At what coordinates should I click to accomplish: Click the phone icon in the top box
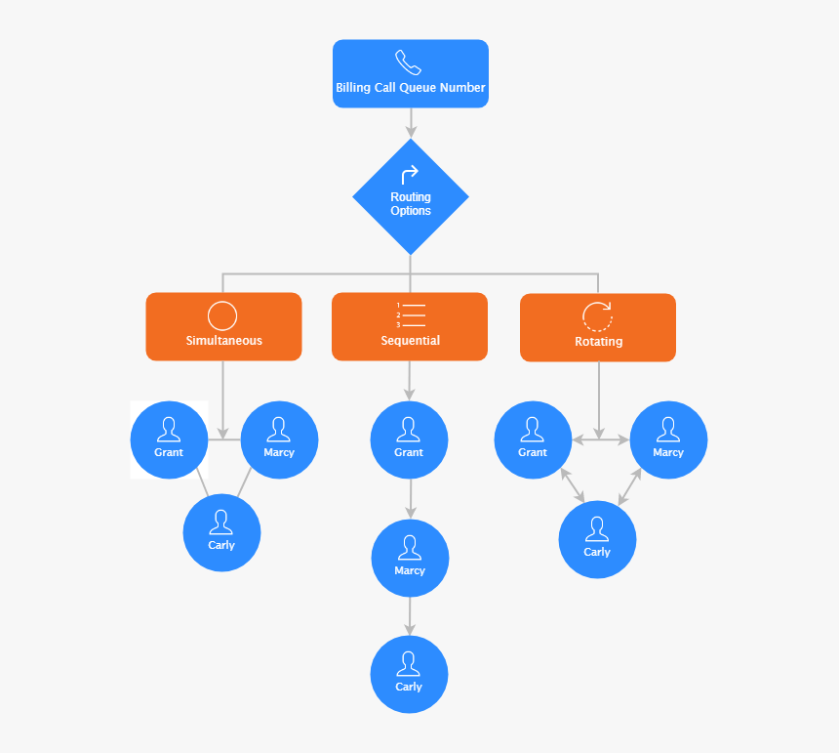[408, 63]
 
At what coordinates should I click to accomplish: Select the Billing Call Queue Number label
[411, 88]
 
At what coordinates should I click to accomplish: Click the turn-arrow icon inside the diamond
[410, 175]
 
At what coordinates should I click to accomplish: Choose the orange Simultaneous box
[223, 326]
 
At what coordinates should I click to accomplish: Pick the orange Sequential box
[410, 326]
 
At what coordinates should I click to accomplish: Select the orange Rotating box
[598, 327]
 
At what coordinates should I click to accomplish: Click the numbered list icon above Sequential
[411, 314]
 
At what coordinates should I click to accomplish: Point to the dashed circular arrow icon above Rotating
[597, 316]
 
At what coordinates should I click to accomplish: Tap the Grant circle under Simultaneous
[169, 439]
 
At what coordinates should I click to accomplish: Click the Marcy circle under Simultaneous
[279, 439]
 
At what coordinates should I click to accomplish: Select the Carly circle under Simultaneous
[221, 532]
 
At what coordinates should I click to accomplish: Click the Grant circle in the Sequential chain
[409, 439]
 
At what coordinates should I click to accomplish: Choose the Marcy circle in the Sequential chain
[410, 558]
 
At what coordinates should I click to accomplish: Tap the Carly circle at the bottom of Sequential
[409, 674]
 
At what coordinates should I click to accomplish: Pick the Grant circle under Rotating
[533, 439]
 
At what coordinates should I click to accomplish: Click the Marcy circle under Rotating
[668, 439]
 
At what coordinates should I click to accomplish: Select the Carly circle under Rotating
[597, 539]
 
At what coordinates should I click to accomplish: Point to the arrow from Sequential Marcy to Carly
[410, 615]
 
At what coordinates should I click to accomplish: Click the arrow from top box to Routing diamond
[411, 122]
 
